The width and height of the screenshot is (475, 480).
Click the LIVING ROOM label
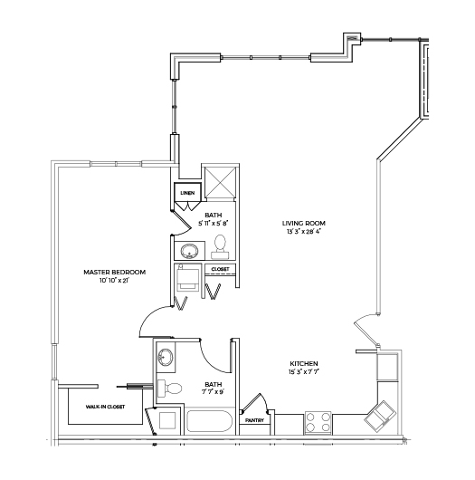(x=303, y=224)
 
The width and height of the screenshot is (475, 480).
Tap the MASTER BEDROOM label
(x=114, y=272)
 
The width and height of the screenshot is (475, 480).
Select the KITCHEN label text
(x=304, y=364)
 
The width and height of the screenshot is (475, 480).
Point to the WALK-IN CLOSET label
(x=105, y=407)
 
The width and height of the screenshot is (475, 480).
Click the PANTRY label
(x=254, y=420)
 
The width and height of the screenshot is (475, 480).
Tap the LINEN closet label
(x=187, y=193)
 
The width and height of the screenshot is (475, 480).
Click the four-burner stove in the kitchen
(x=318, y=422)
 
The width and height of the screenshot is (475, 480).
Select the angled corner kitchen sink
(x=380, y=416)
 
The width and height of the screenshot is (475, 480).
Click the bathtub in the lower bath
(x=210, y=421)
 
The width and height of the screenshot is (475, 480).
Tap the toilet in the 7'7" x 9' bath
(x=169, y=389)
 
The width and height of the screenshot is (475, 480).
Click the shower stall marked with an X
(x=220, y=182)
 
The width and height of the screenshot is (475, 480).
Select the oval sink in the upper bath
(x=189, y=251)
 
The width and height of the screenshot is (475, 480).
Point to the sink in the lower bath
(x=166, y=357)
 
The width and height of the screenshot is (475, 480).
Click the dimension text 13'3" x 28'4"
(x=303, y=232)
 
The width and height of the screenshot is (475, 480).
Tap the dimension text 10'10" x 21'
(x=114, y=280)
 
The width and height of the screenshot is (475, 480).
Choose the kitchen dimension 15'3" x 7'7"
(x=304, y=372)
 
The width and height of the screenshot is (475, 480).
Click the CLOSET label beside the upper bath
(x=220, y=269)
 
